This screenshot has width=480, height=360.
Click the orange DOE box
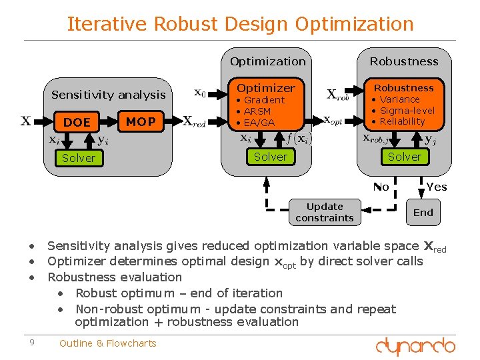pyautogui.click(x=77, y=122)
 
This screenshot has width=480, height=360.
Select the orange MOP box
pyautogui.click(x=141, y=121)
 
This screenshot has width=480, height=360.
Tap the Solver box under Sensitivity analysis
pyautogui.click(x=79, y=158)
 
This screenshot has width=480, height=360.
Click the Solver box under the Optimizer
pyautogui.click(x=270, y=157)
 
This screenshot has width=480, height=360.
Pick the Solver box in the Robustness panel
pyautogui.click(x=405, y=157)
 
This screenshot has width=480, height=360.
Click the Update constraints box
pyautogui.click(x=325, y=212)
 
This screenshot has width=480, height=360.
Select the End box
pyautogui.click(x=423, y=213)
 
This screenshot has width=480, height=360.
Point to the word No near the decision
pyautogui.click(x=381, y=187)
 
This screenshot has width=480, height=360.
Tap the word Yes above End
pyautogui.click(x=437, y=187)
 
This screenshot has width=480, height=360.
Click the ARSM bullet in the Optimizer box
pyautogui.click(x=257, y=111)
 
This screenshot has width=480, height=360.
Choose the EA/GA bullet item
pyautogui.click(x=259, y=123)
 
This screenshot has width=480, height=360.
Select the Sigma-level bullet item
pyautogui.click(x=407, y=111)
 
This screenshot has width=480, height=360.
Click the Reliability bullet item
pyautogui.click(x=402, y=121)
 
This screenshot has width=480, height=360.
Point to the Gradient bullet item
pyautogui.click(x=264, y=100)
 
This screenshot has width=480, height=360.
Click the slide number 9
pyautogui.click(x=31, y=343)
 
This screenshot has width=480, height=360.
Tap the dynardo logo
pyautogui.click(x=415, y=346)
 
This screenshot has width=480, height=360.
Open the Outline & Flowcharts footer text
pyautogui.click(x=108, y=343)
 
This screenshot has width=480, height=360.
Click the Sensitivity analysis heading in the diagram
pyautogui.click(x=109, y=95)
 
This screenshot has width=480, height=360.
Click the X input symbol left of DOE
pyautogui.click(x=25, y=121)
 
